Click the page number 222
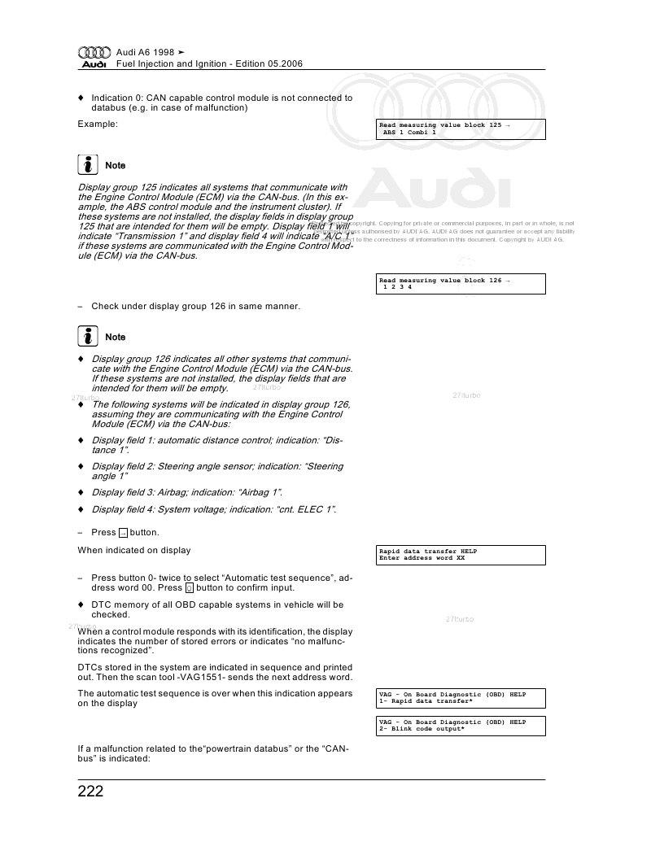click(90, 792)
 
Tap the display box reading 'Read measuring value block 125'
click(461, 129)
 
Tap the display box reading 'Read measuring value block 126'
click(461, 283)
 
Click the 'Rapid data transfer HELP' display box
click(461, 555)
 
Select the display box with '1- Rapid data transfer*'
click(461, 698)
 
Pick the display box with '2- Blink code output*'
click(461, 725)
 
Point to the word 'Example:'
click(98, 124)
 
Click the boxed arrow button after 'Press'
click(123, 533)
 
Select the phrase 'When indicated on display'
click(134, 550)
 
